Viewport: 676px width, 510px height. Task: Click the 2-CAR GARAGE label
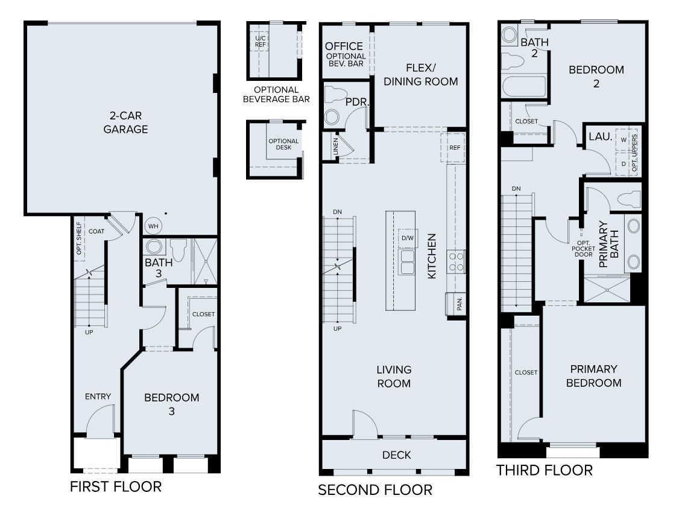125,121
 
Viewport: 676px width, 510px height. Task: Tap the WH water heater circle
154,226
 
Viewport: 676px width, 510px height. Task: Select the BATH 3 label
158,269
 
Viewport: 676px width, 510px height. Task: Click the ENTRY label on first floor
98,397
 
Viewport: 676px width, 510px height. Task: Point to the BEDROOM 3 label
171,404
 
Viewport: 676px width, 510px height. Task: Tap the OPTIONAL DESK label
283,144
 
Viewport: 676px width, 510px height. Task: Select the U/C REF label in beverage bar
261,40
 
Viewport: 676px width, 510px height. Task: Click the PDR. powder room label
357,102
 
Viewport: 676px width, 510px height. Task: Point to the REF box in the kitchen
454,147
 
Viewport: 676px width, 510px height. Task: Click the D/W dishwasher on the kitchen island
408,238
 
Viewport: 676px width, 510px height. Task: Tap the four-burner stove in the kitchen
456,261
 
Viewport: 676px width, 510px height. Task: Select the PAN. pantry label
459,304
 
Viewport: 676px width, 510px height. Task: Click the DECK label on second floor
397,454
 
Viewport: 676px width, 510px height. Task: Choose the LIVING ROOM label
394,376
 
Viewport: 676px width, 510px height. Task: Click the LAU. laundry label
600,138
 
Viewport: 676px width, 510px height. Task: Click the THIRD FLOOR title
544,470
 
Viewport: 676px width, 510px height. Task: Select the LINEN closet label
335,148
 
